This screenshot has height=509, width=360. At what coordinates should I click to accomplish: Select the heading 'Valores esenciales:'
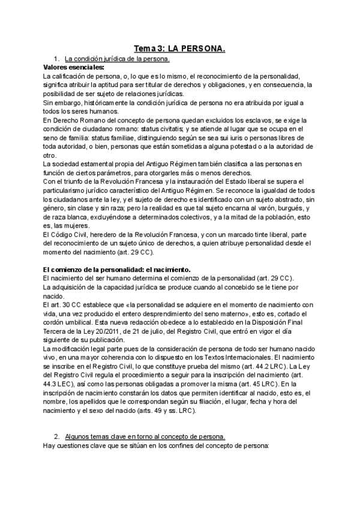pyautogui.click(x=70, y=67)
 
